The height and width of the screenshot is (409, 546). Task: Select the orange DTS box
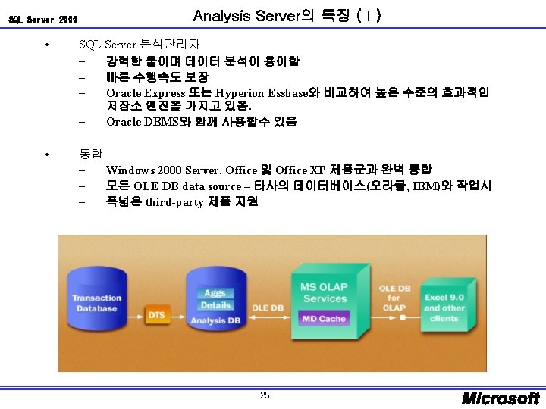[x=156, y=314]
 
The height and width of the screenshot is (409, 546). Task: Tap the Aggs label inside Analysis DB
[x=215, y=293]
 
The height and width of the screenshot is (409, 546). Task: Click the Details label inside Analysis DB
[x=215, y=305]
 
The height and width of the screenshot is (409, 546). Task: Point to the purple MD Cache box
[x=324, y=319]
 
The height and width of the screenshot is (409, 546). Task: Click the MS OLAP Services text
[x=325, y=292]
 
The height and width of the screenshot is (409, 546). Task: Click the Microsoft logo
[x=500, y=397]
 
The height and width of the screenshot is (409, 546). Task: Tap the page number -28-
[x=265, y=395]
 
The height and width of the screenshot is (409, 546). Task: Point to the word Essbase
[x=289, y=93]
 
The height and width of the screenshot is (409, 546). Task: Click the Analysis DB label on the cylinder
[x=215, y=320]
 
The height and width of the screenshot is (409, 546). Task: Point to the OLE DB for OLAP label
[x=394, y=298]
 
